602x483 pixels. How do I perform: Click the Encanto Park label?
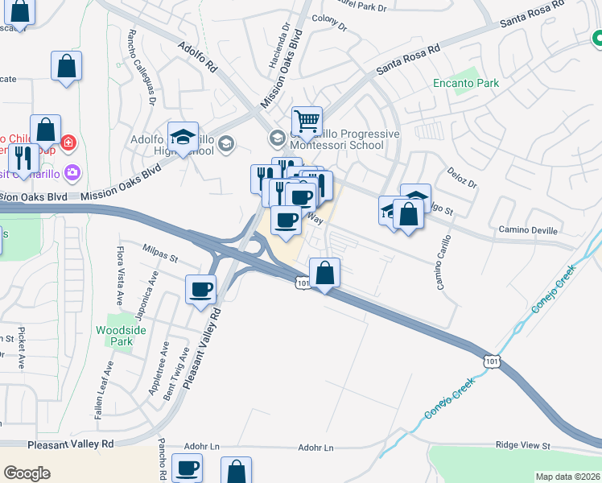coord(466,83)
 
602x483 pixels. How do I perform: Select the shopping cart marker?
coord(307,122)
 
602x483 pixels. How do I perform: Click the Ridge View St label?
coord(522,445)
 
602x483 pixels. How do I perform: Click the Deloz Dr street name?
coord(462,178)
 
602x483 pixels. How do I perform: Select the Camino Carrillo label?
coord(443,263)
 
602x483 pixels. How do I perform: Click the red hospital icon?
coord(69,142)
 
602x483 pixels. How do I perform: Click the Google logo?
coord(27,473)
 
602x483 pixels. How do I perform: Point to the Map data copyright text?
coord(567,477)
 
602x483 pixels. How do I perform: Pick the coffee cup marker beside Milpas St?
coord(201,289)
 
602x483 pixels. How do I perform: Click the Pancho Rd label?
coord(162,460)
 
